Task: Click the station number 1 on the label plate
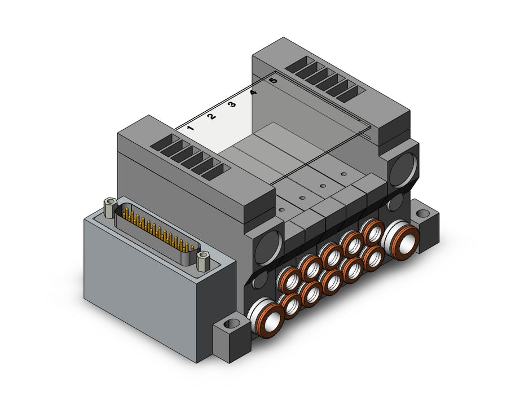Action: [x=191, y=128]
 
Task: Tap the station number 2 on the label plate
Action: [x=211, y=116]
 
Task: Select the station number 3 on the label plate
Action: [x=232, y=105]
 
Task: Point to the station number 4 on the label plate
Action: [x=253, y=93]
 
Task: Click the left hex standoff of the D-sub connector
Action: [x=109, y=207]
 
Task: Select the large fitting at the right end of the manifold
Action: [x=400, y=238]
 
